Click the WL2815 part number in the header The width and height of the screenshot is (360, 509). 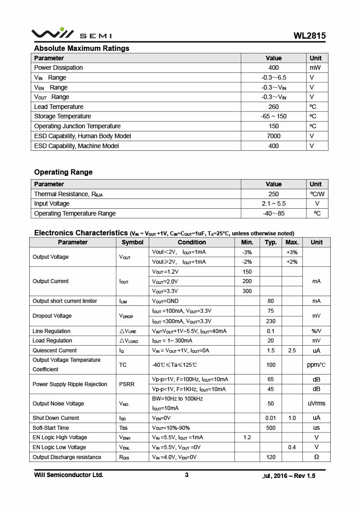tap(310, 36)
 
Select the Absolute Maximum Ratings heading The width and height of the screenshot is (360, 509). tap(81, 48)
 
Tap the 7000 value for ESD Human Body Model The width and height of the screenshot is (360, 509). tap(274, 136)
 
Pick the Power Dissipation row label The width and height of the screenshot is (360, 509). tap(58, 68)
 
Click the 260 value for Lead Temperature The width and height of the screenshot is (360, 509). tap(274, 107)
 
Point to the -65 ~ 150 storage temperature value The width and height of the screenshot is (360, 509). tap(274, 116)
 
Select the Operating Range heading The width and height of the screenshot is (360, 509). tap(63, 172)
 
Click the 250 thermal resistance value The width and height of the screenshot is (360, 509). tap(274, 194)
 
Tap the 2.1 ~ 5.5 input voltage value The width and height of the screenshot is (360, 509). tap(274, 203)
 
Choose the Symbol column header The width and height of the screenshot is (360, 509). tap(132, 242)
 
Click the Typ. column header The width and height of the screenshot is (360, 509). tap(271, 242)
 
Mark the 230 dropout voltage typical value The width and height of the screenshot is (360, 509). tap(270, 321)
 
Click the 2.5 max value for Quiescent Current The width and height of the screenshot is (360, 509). tap(292, 351)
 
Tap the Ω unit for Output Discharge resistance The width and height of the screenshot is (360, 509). tap(316, 457)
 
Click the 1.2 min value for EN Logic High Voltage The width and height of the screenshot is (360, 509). tap(247, 437)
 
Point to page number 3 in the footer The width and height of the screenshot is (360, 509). tap(187, 475)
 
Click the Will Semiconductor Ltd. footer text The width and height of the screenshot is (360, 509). tap(69, 475)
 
